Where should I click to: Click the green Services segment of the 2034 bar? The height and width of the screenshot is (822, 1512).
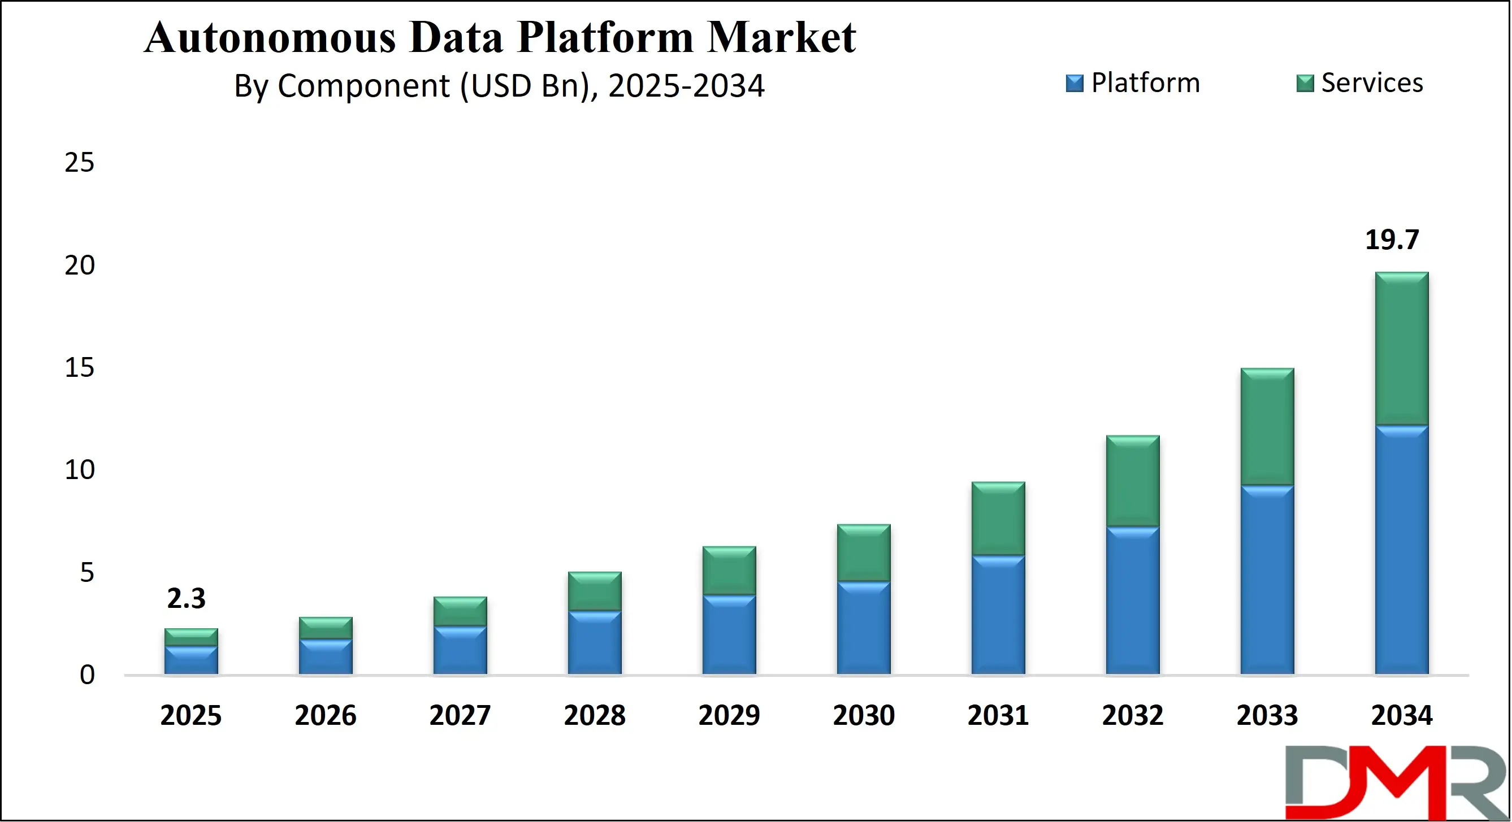click(x=1402, y=349)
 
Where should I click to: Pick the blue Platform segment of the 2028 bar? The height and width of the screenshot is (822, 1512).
click(x=595, y=642)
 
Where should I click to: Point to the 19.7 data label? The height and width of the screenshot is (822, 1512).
click(x=1392, y=240)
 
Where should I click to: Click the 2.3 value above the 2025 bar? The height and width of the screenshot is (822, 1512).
click(x=186, y=598)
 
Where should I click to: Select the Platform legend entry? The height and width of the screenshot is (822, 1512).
click(x=1133, y=83)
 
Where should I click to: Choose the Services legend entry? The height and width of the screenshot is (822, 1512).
click(x=1360, y=83)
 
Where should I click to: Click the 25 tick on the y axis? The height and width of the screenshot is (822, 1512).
click(x=79, y=163)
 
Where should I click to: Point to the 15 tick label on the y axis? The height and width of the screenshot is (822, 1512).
click(x=79, y=368)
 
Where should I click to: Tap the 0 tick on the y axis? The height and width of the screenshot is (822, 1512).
click(x=87, y=675)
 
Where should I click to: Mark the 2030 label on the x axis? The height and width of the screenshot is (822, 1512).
click(x=864, y=715)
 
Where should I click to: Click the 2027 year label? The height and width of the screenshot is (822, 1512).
click(x=460, y=715)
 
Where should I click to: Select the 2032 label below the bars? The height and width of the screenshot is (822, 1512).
click(x=1132, y=715)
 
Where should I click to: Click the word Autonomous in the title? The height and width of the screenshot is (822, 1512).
click(x=270, y=37)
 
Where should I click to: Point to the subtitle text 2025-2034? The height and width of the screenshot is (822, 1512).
click(x=686, y=86)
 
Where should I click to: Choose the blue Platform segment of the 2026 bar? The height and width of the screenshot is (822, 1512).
click(x=326, y=656)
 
